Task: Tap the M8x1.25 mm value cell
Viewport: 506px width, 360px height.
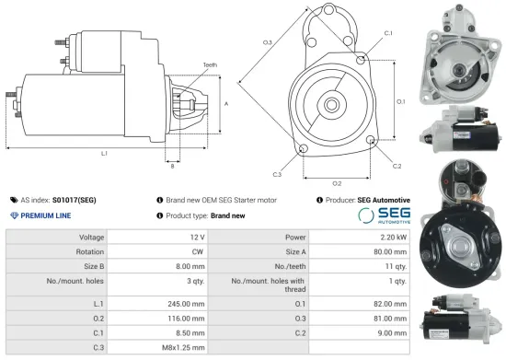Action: [181, 346]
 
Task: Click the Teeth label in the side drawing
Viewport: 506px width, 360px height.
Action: [210, 64]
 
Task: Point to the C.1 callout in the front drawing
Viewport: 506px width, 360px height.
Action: [388, 33]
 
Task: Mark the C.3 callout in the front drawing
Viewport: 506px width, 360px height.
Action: [277, 173]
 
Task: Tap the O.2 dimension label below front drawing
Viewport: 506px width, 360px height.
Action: [337, 182]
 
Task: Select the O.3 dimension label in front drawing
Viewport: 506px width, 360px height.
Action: [267, 42]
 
